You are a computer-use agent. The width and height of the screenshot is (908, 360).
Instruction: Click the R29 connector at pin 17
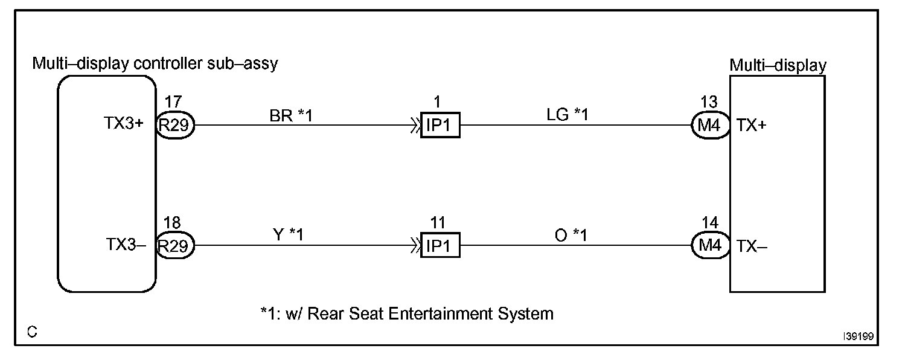point(175,126)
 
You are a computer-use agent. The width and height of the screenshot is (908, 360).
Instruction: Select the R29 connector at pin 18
point(175,246)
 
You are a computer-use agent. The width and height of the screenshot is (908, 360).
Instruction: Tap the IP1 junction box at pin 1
point(440,126)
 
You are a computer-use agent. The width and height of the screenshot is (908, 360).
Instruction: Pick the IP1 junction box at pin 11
point(440,246)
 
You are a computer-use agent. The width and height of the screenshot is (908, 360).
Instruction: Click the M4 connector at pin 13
point(711,126)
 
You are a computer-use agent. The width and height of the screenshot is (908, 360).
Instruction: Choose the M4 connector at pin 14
point(711,246)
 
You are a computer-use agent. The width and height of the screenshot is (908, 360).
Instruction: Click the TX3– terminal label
point(126,245)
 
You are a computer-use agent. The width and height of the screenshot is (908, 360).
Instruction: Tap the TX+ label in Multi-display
point(750,126)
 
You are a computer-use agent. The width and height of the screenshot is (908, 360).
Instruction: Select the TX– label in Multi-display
point(751,246)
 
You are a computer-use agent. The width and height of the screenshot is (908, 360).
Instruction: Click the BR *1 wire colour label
point(292,115)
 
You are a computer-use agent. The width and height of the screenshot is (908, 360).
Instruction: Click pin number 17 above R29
point(173,104)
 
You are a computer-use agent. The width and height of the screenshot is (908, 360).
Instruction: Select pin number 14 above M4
point(711,224)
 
